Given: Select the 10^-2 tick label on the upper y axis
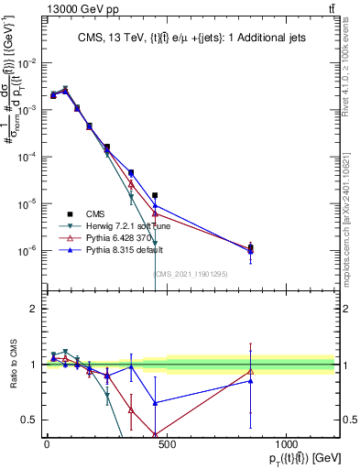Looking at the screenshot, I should click(x=27, y=63).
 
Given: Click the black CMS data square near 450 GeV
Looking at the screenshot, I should click(x=155, y=195).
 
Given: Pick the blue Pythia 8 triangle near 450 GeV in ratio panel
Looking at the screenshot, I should click(x=155, y=403).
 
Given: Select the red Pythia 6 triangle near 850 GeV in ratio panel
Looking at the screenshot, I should click(x=250, y=371).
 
